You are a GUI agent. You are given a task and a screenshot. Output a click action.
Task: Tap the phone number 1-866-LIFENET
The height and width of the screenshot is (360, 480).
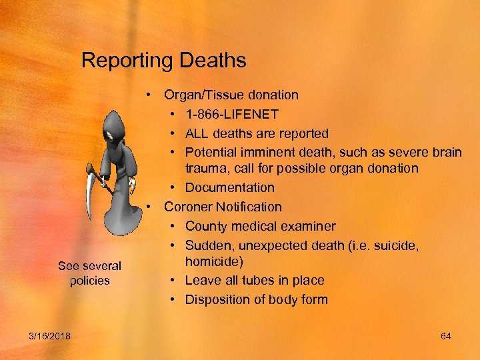[x=232, y=115]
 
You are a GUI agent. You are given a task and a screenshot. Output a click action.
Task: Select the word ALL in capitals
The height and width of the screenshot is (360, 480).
[x=198, y=133]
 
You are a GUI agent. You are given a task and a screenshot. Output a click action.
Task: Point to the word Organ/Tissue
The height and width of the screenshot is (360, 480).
[x=201, y=95]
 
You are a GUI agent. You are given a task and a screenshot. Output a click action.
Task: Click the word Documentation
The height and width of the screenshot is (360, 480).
[x=230, y=187]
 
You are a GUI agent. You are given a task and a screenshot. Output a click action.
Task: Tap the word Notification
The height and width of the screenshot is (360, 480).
[x=250, y=207]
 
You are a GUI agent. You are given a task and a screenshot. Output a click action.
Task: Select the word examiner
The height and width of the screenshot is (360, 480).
[x=308, y=227]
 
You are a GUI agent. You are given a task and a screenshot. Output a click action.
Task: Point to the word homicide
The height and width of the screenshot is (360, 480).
[x=215, y=261]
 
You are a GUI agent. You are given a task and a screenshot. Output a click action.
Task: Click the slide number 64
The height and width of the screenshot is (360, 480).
[x=446, y=336]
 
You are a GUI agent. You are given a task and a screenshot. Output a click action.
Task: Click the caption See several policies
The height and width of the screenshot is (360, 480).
[x=89, y=273]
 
